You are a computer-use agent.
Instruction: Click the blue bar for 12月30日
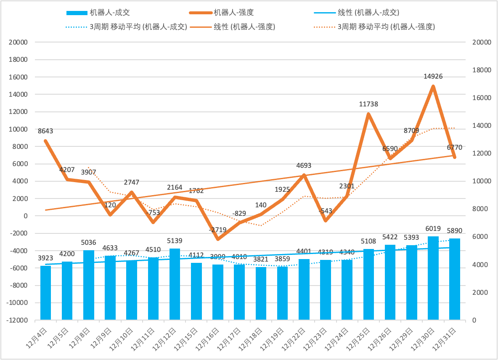pos(433,278)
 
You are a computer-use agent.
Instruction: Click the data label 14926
pos(433,77)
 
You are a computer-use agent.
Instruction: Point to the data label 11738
pos(368,104)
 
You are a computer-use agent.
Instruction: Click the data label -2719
pos(218,230)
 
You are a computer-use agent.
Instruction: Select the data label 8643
pos(45,131)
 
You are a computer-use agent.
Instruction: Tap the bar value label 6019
pos(433,229)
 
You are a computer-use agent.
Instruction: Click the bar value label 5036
pos(89,242)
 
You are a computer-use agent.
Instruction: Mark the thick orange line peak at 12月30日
pos(433,87)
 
